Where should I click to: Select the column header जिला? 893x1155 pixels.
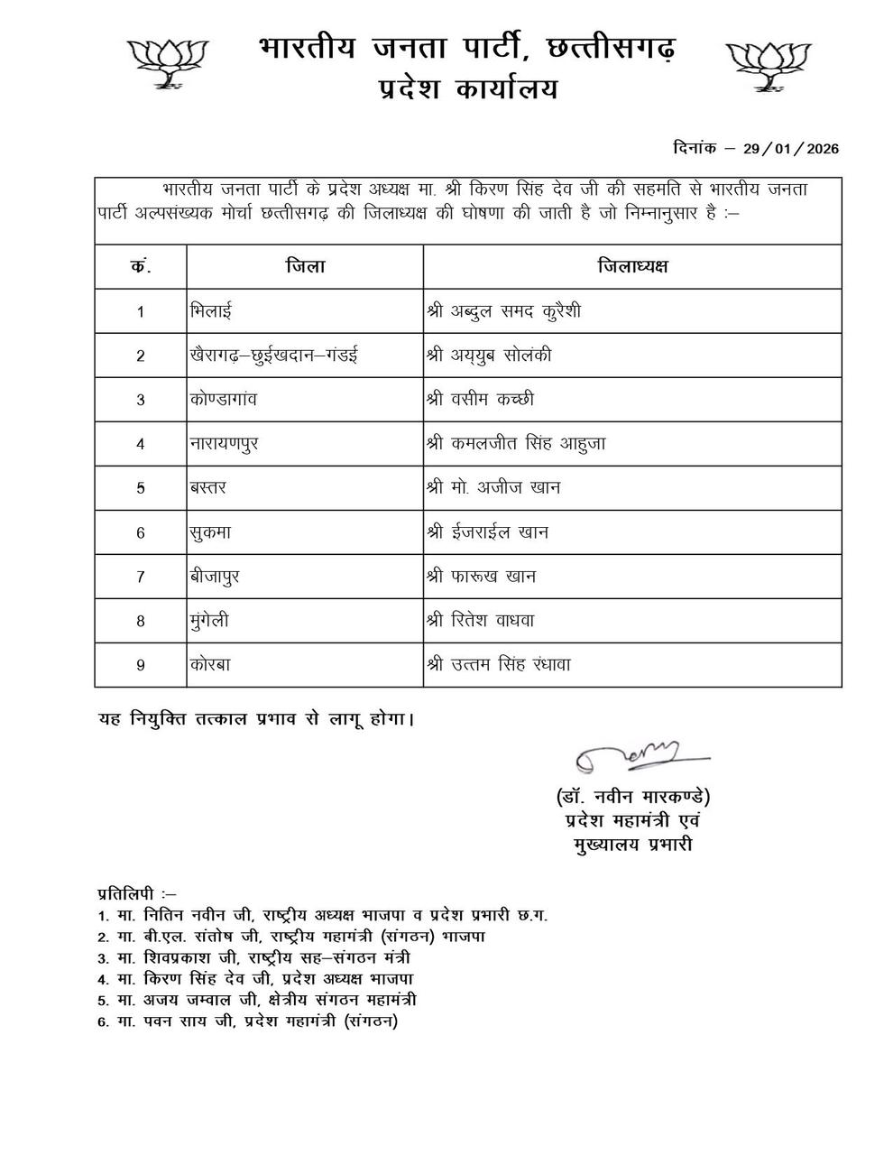(x=305, y=266)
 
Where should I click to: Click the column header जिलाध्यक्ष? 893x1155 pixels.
(x=632, y=266)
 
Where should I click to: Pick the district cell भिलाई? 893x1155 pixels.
(x=211, y=311)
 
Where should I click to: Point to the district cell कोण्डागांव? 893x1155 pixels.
(x=224, y=399)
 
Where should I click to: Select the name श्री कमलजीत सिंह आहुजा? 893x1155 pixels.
(x=515, y=443)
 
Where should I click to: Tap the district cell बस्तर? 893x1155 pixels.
(x=208, y=487)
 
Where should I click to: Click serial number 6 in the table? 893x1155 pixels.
(x=141, y=532)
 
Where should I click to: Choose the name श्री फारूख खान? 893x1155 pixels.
(x=481, y=576)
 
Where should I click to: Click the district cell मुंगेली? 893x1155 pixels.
(x=210, y=621)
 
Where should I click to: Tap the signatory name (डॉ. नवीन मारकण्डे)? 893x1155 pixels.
(x=633, y=798)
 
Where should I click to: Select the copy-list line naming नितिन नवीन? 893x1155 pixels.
(x=323, y=915)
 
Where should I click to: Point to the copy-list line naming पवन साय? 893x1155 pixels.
(x=248, y=1021)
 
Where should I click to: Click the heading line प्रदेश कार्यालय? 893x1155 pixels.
(x=467, y=89)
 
